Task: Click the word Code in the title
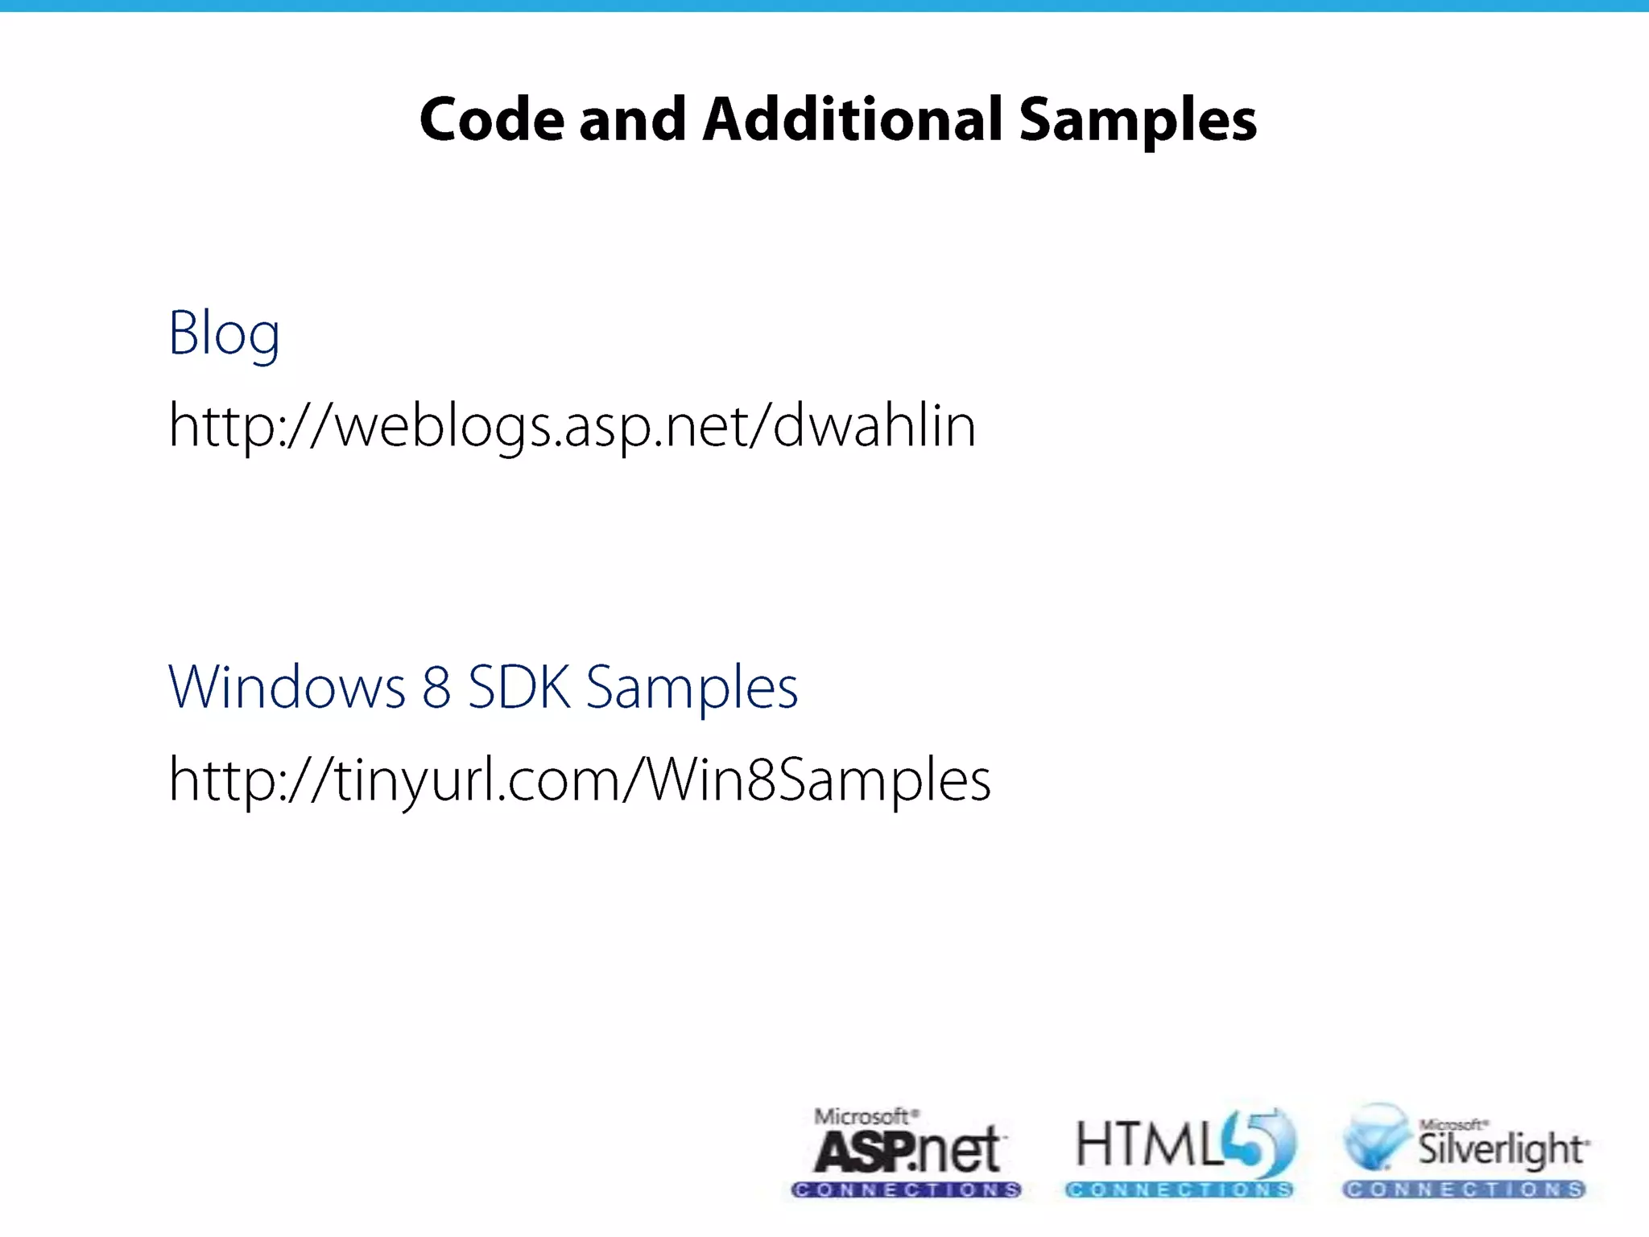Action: (492, 120)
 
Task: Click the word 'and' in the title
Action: (632, 120)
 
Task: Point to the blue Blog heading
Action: (224, 333)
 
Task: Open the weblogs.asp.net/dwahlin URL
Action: (572, 425)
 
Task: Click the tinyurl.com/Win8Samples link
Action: (579, 780)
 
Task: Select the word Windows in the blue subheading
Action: (287, 687)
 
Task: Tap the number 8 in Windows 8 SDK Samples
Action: (436, 687)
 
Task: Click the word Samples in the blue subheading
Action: (692, 689)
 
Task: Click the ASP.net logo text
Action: (907, 1150)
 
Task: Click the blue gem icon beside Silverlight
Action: (1376, 1137)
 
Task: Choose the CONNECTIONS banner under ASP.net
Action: (907, 1189)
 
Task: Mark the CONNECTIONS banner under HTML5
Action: (1180, 1189)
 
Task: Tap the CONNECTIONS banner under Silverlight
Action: (1463, 1189)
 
